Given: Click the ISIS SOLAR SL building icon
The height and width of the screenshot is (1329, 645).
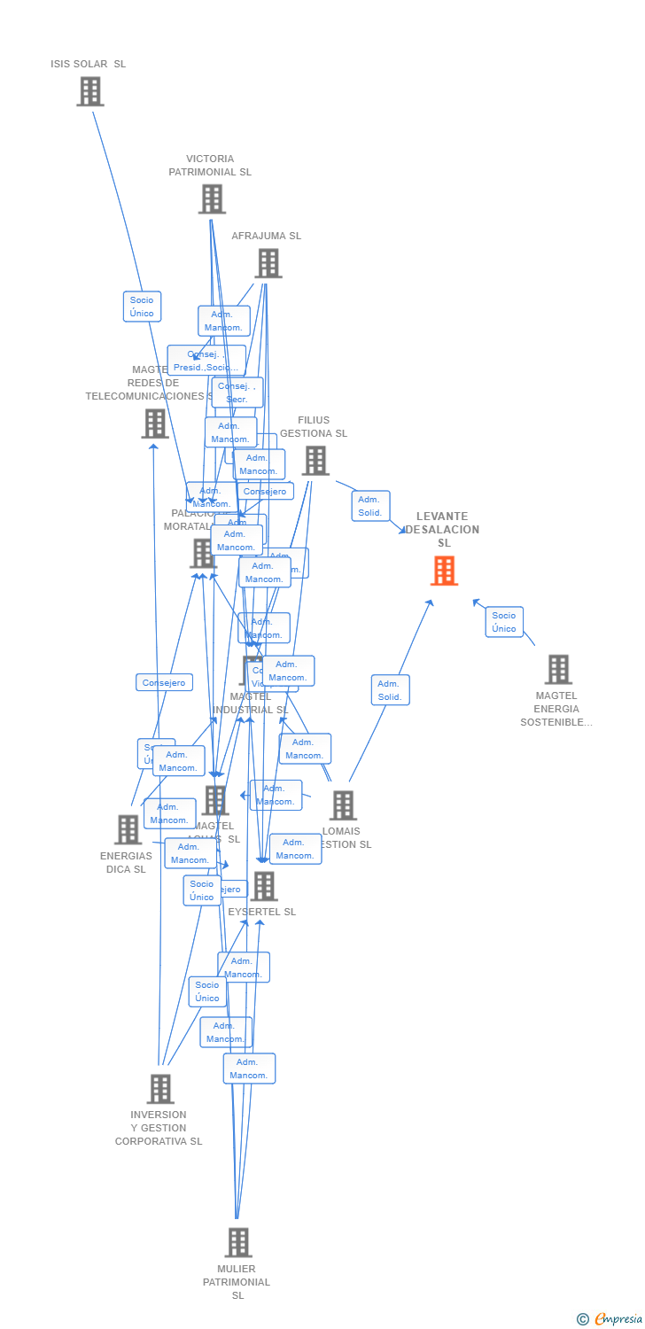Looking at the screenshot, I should pos(89,91).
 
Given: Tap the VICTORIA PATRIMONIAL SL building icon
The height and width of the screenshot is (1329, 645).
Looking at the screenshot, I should pos(212,199).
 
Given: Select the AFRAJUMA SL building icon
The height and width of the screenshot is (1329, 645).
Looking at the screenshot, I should pos(268,263).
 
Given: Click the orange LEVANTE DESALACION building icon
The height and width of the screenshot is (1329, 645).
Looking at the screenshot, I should pos(444,571).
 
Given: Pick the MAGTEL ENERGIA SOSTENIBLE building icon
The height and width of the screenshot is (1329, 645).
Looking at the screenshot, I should pos(557,670).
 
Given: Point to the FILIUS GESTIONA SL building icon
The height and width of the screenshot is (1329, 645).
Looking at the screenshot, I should pos(315,461).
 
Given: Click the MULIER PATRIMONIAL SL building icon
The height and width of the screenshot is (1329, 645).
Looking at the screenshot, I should pos(237,1242).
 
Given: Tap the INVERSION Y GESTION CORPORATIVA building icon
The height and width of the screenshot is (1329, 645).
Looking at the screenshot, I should pos(159,1089).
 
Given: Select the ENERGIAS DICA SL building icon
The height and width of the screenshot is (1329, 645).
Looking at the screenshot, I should pos(128,830).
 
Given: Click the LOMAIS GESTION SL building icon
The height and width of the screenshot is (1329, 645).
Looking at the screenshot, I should pos(343,805).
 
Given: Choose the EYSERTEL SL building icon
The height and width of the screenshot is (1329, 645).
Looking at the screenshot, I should pos(263,886).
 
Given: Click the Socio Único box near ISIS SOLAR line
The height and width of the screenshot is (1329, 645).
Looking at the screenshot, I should pos(142,307).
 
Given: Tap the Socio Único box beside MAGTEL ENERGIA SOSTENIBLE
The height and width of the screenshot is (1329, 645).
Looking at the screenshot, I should pos(504,622).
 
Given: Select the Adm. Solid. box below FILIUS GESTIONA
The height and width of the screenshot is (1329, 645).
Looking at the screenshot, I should pos(370,506).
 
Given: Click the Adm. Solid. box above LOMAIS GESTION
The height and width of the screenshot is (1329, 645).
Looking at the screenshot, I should pos(390,690).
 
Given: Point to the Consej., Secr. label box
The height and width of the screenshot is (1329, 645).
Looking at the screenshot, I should pos(237,392).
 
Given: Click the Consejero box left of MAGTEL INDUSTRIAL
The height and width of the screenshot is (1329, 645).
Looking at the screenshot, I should pos(164,682).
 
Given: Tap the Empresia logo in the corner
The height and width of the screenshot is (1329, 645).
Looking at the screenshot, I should pos(610,1319).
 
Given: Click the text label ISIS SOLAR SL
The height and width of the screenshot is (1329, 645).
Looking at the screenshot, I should pos(88,64).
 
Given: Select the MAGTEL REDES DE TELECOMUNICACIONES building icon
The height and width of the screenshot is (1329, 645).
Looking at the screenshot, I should pos(155,424).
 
